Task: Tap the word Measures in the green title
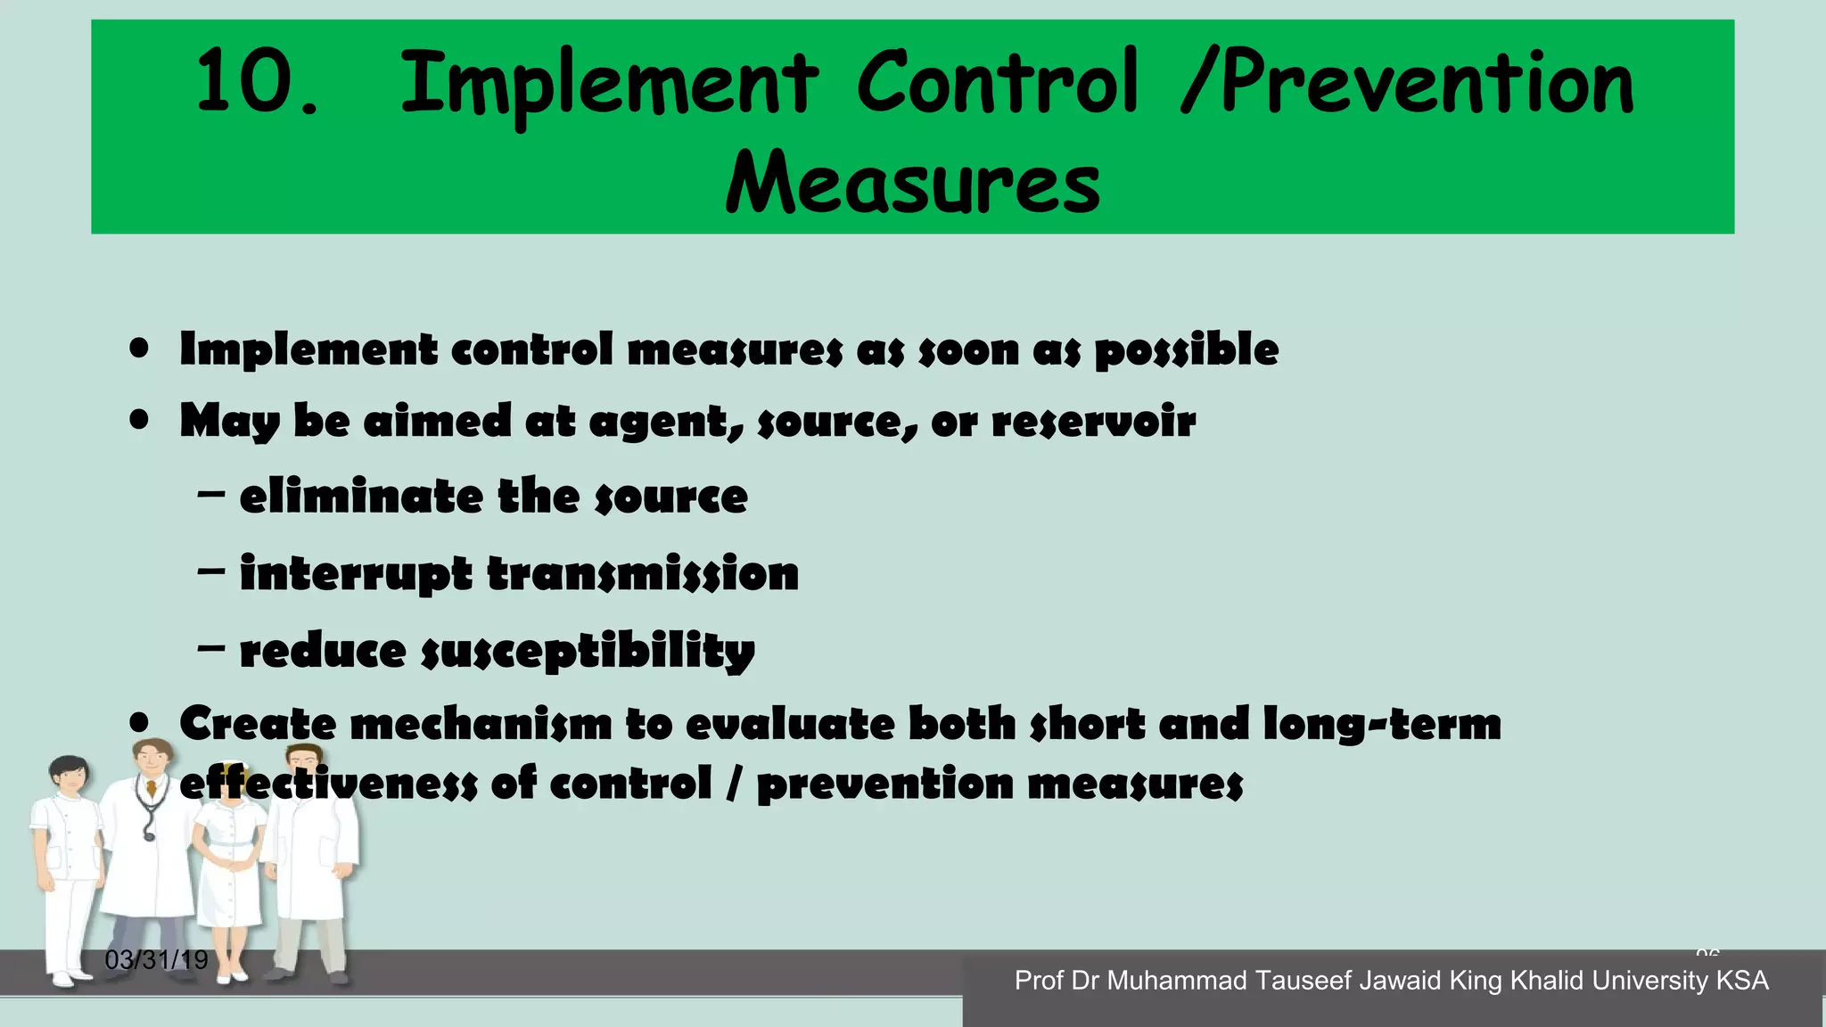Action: (913, 183)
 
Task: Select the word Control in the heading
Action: (998, 82)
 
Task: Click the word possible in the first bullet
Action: (1186, 349)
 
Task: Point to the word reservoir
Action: (1093, 421)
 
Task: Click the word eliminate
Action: (360, 497)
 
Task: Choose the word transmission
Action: (643, 573)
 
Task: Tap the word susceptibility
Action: (588, 651)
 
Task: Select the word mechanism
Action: (481, 724)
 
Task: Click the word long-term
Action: (1382, 724)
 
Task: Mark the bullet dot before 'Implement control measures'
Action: (139, 348)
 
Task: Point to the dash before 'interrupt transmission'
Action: (211, 571)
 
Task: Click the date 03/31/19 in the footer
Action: (156, 960)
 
